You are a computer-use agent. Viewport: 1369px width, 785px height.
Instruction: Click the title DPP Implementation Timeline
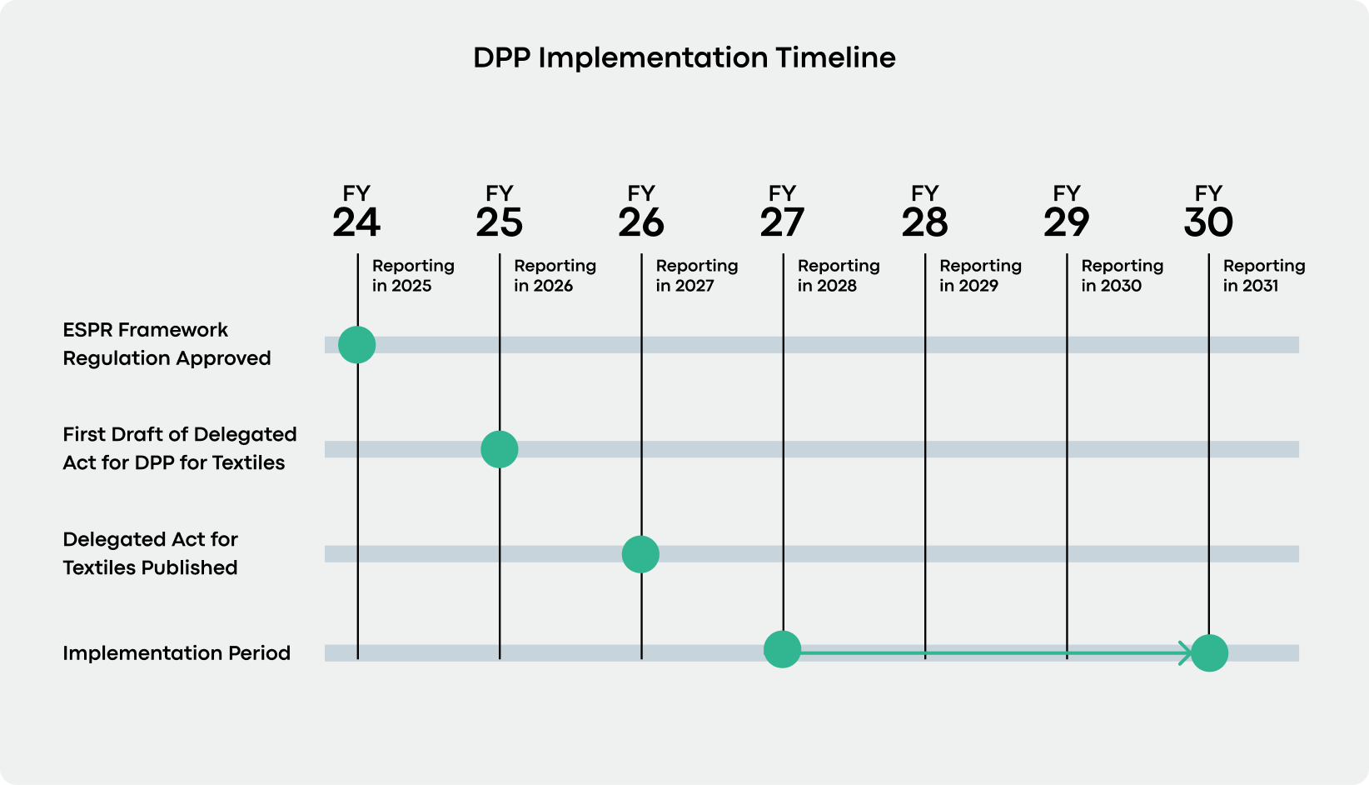pos(684,57)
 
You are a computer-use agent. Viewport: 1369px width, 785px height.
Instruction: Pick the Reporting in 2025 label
pos(413,275)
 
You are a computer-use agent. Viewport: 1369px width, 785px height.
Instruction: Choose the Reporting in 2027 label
pos(696,275)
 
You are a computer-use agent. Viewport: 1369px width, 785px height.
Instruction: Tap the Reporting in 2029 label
pos(980,275)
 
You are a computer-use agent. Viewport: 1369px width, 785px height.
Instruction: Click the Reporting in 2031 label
pos(1263,275)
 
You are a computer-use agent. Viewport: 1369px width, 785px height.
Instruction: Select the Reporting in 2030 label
pos(1122,275)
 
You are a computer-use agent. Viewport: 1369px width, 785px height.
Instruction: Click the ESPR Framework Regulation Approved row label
pos(167,344)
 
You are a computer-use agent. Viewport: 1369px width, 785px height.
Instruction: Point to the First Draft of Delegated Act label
pos(179,448)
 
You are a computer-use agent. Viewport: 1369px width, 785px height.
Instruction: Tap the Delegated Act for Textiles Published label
pos(150,553)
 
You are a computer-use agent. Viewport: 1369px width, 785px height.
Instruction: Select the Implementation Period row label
pos(177,652)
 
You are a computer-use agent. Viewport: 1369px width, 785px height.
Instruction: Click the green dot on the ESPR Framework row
pos(357,344)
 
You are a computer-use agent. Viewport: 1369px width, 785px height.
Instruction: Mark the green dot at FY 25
pos(500,449)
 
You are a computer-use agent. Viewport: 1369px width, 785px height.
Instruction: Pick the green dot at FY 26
pos(640,554)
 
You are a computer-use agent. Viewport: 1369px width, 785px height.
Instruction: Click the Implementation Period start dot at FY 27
pos(782,650)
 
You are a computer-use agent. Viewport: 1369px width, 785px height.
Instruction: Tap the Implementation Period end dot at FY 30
pos(1209,653)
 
